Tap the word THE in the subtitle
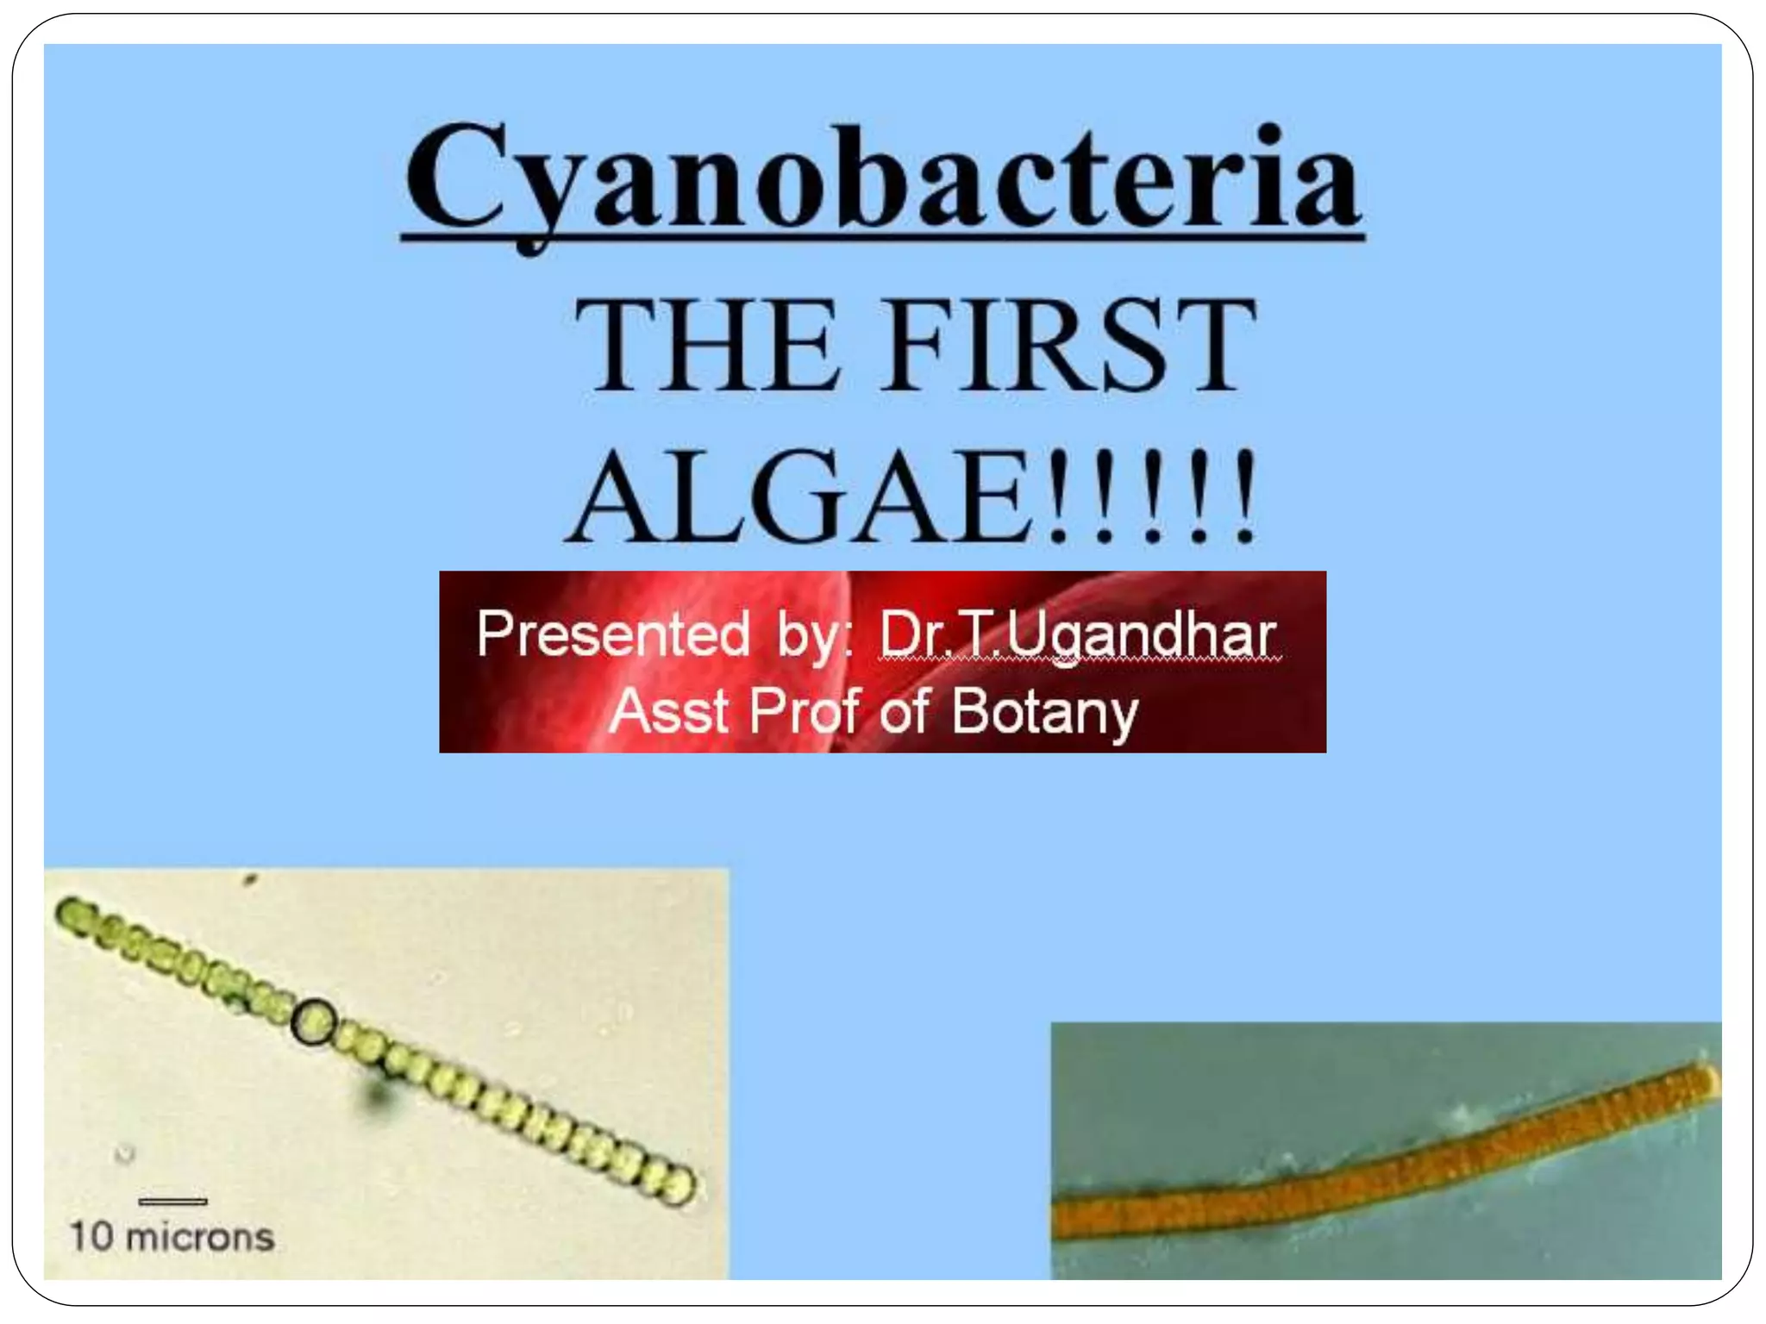coord(707,345)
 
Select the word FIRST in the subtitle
coord(1070,345)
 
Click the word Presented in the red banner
coord(613,634)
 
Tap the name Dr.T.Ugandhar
coord(1077,636)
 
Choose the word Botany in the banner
coord(1044,713)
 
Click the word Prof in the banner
coord(805,711)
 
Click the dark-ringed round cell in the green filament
coord(312,1021)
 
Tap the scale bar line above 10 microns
coord(172,1201)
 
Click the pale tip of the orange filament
coord(1708,1078)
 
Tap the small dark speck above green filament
coord(251,880)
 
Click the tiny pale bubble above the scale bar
coord(126,1152)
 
